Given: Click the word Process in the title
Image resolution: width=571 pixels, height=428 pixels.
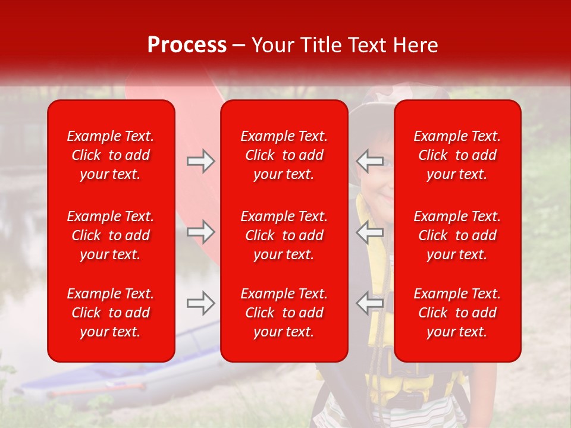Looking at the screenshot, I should pyautogui.click(x=187, y=45).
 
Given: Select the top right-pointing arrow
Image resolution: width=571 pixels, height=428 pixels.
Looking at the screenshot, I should pyautogui.click(x=200, y=160).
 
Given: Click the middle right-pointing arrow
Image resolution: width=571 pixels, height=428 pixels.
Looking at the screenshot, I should pyautogui.click(x=200, y=232).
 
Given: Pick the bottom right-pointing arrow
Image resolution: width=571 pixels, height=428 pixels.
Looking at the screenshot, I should pyautogui.click(x=200, y=303).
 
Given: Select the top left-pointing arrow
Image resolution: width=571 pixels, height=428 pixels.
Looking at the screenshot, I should pyautogui.click(x=370, y=160).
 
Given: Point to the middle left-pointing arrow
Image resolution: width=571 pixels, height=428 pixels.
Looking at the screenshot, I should pyautogui.click(x=370, y=232).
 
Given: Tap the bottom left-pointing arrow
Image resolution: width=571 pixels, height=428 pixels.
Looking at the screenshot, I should pyautogui.click(x=370, y=303).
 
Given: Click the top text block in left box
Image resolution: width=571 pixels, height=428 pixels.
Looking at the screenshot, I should pyautogui.click(x=111, y=155).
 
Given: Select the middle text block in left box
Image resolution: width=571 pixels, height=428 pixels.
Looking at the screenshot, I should pyautogui.click(x=111, y=235).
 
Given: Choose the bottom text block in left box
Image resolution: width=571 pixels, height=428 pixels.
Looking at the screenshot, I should pyautogui.click(x=111, y=313).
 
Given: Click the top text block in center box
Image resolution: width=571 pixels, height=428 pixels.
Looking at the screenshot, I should pyautogui.click(x=284, y=155).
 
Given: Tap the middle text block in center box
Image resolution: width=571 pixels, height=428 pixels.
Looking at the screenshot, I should pyautogui.click(x=284, y=235).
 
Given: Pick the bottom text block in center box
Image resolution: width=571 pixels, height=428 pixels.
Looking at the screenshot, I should pyautogui.click(x=284, y=313).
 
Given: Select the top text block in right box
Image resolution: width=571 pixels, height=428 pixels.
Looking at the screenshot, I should pyautogui.click(x=457, y=155).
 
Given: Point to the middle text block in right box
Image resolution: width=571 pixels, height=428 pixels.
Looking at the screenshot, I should pyautogui.click(x=457, y=235).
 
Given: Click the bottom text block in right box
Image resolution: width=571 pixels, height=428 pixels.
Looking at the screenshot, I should pyautogui.click(x=457, y=313).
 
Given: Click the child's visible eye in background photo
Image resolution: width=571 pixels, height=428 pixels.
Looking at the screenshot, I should pyautogui.click(x=387, y=161).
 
